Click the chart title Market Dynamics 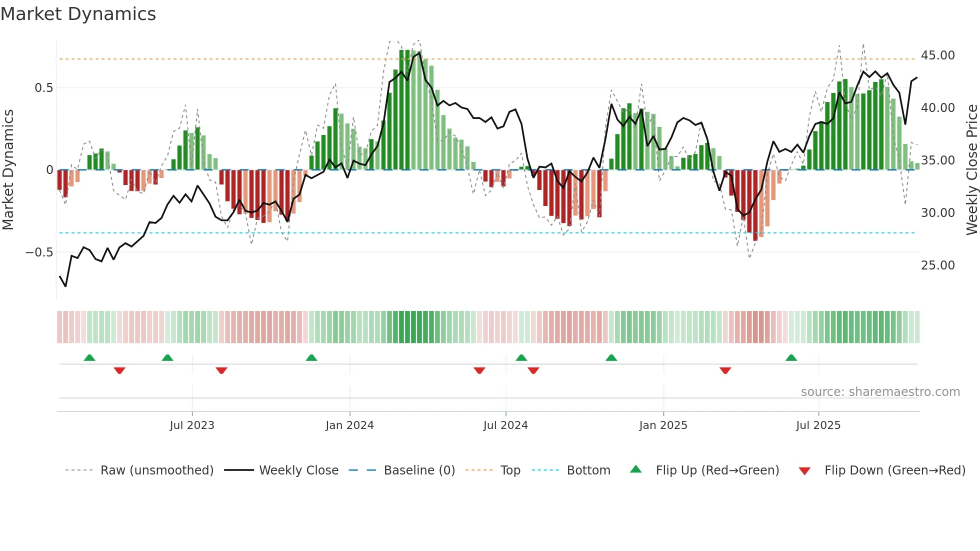click(78, 14)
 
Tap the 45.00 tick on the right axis click(937, 55)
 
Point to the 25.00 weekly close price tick click(937, 265)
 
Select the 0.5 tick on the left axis click(43, 88)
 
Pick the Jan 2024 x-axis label click(349, 425)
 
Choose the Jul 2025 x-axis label click(818, 425)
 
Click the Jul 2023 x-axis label click(192, 425)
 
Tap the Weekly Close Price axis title click(971, 170)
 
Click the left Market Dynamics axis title click(8, 170)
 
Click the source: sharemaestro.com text click(880, 392)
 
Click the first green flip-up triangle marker click(89, 358)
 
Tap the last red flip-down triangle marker click(725, 370)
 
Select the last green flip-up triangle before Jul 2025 click(791, 358)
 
